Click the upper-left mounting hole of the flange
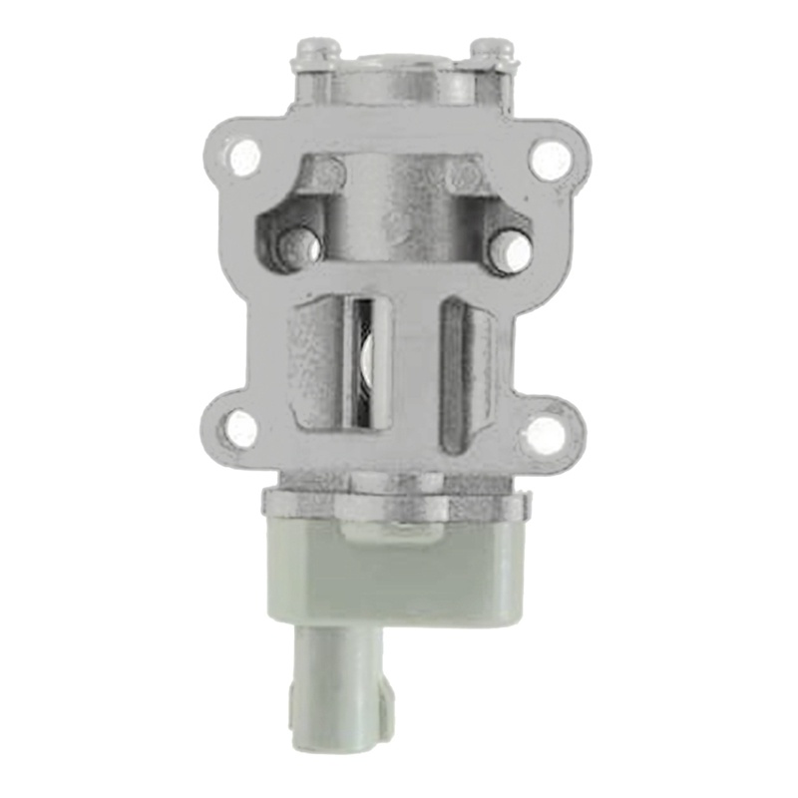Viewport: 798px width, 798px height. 244,157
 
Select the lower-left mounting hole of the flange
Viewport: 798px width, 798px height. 240,429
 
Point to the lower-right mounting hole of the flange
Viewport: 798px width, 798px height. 546,432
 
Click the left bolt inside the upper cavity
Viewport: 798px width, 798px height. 295,244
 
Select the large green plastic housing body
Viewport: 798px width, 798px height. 399,574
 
